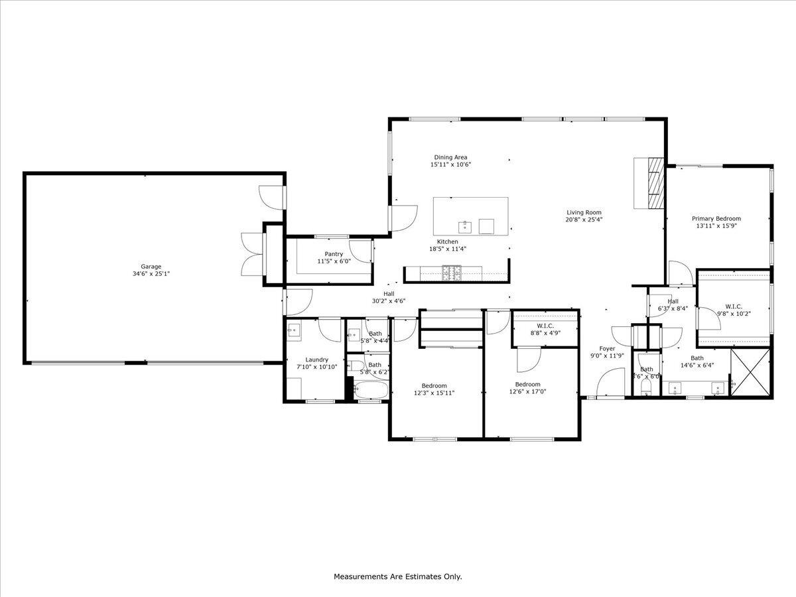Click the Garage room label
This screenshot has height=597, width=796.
151,267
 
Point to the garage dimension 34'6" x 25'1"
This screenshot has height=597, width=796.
151,274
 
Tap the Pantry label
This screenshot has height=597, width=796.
334,254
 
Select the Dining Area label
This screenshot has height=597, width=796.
450,157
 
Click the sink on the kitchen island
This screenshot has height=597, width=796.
466,227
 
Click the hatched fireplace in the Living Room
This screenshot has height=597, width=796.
654,183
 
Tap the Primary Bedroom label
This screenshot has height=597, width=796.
716,218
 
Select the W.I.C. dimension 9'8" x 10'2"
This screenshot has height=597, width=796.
733,314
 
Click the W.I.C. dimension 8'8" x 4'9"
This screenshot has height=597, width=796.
545,333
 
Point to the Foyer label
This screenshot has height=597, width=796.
607,348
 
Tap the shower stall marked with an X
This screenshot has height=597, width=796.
751,373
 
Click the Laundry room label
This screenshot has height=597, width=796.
316,360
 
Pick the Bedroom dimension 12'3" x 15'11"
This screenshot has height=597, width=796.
434,393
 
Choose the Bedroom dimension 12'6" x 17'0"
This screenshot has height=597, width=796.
527,391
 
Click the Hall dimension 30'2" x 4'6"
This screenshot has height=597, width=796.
388,301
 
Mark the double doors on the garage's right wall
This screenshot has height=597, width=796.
253,254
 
